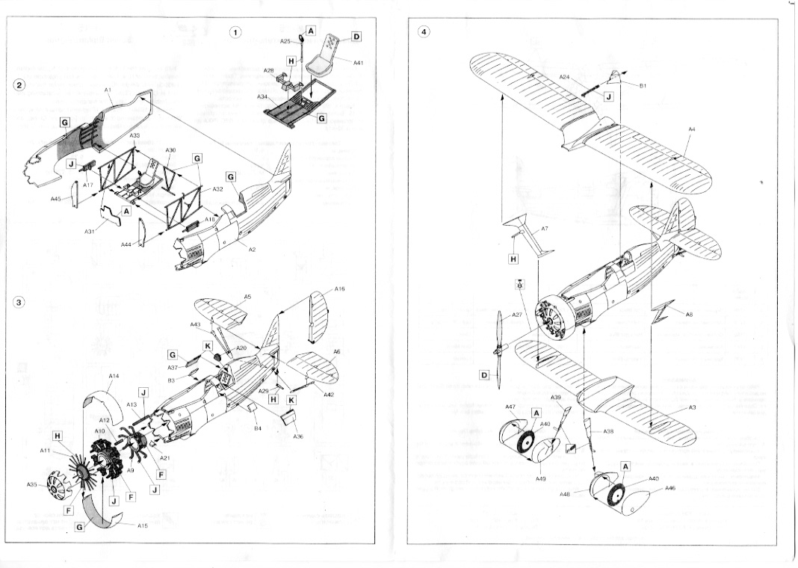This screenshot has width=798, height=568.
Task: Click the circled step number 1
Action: [x=235, y=32]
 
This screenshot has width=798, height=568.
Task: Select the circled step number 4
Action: [x=424, y=32]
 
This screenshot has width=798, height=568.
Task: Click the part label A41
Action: [x=359, y=63]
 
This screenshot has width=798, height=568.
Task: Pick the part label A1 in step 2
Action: [x=108, y=90]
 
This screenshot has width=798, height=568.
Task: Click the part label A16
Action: [x=340, y=288]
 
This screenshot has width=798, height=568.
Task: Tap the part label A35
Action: [x=31, y=485]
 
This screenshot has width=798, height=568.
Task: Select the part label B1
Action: [x=642, y=86]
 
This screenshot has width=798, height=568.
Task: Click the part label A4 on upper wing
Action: [x=692, y=129]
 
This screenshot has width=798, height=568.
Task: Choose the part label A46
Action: [x=670, y=488]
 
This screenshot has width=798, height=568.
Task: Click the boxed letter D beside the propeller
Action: [x=483, y=375]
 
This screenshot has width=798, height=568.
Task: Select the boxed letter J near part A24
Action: [x=608, y=96]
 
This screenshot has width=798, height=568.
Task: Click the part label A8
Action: [x=689, y=315]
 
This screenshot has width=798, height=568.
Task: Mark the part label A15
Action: [x=143, y=525]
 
